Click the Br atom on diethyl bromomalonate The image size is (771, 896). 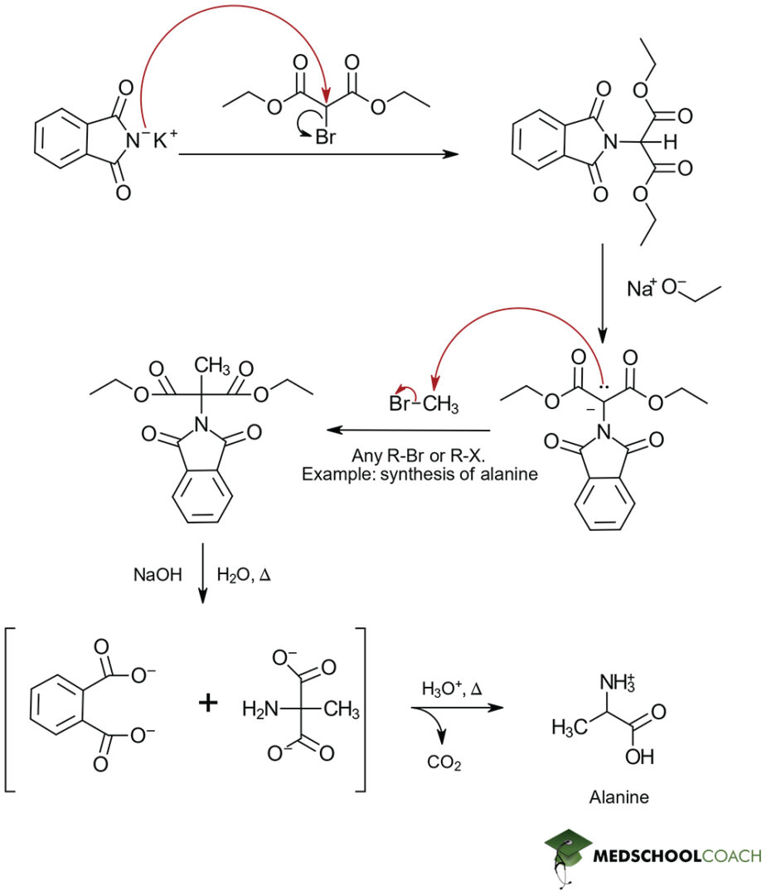click(x=326, y=138)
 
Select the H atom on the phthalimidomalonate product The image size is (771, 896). click(x=670, y=143)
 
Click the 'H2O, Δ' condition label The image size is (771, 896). click(x=244, y=573)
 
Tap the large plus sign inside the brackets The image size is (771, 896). click(x=208, y=704)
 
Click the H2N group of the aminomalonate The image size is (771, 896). click(x=258, y=709)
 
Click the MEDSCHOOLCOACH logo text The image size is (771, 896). click(x=676, y=855)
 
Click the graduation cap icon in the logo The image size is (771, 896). click(x=565, y=848)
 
